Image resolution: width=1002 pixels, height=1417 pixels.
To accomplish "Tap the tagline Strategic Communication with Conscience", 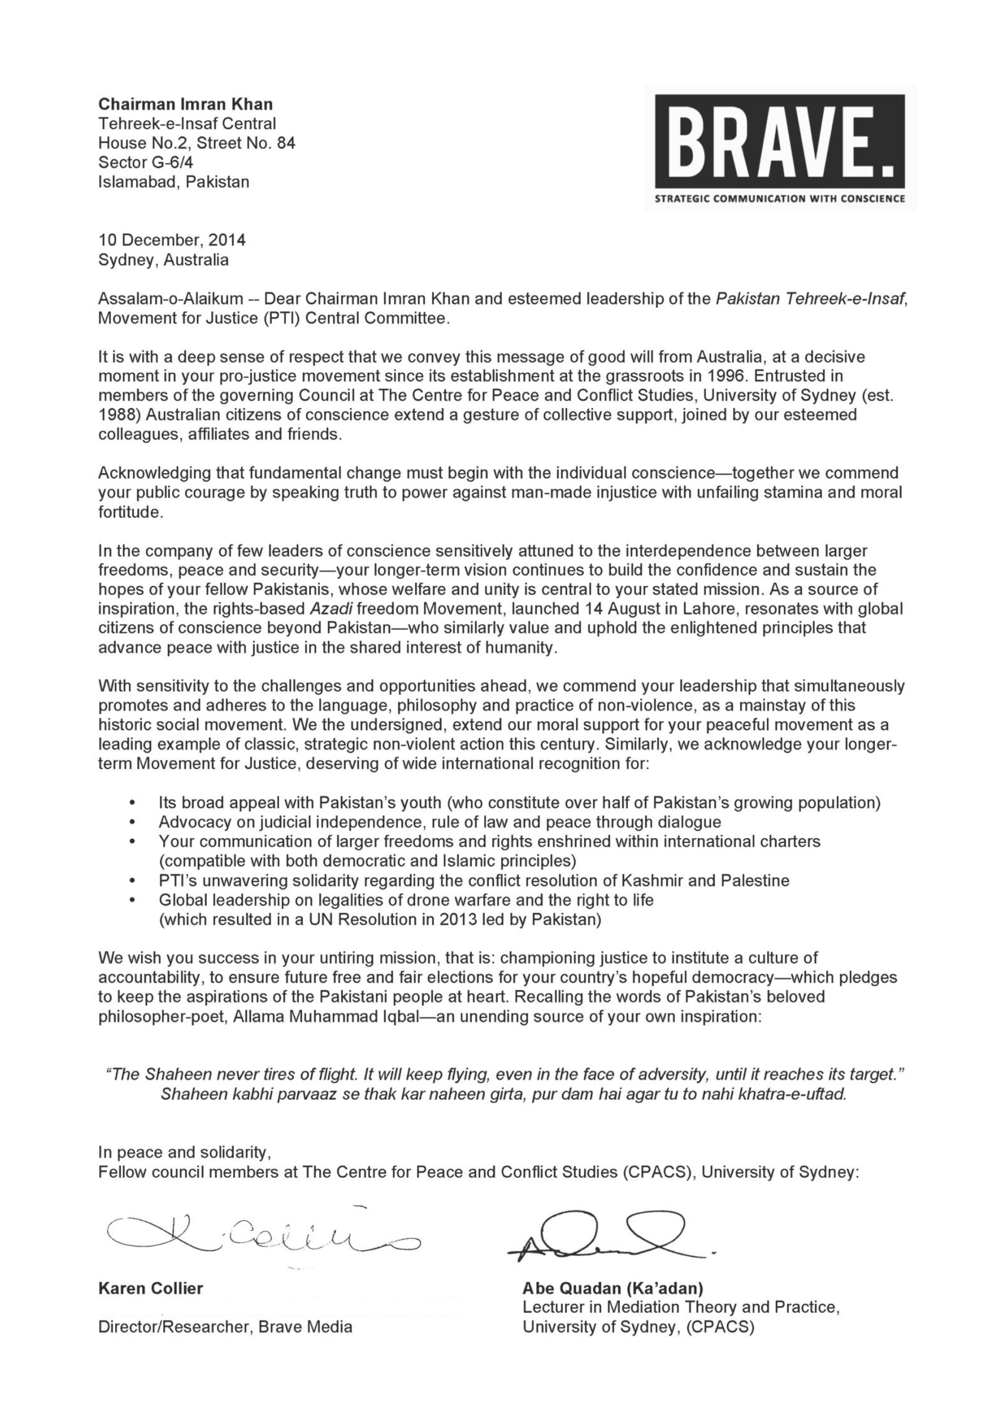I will tap(780, 199).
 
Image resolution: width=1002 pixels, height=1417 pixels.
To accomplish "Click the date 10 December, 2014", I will tap(172, 240).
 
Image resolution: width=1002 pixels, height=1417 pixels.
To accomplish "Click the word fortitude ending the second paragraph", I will tap(130, 512).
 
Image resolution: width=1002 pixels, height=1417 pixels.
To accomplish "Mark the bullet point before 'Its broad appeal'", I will tap(132, 803).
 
